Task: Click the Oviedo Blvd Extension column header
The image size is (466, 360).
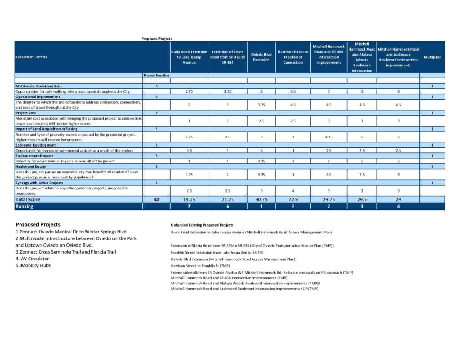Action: click(261, 57)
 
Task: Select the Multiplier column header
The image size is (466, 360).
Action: click(432, 57)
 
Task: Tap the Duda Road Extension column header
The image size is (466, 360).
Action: click(189, 57)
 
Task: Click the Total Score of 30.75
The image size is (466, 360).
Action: click(261, 199)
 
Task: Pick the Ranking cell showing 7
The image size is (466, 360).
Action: click(189, 206)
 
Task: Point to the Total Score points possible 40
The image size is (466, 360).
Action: click(157, 199)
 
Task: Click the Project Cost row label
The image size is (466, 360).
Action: click(26, 113)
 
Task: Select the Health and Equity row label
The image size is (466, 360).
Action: click(31, 167)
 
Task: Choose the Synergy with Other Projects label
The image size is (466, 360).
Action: click(39, 183)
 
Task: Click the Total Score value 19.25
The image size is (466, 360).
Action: click(189, 199)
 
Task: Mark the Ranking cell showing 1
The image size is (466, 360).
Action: click(261, 206)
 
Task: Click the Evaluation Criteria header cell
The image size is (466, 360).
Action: click(31, 57)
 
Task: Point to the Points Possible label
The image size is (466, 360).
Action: click(157, 75)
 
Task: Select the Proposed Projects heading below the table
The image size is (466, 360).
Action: click(38, 224)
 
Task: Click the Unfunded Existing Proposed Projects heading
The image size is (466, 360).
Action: click(202, 225)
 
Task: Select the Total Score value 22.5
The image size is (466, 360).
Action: click(293, 199)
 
